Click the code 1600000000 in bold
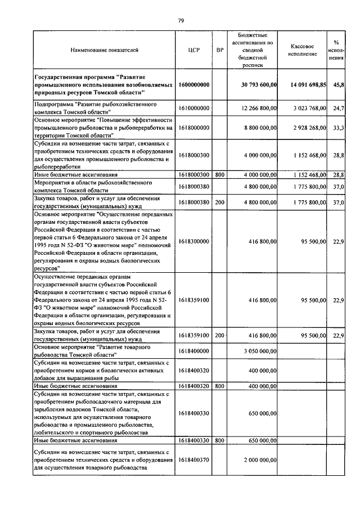(194, 84)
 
